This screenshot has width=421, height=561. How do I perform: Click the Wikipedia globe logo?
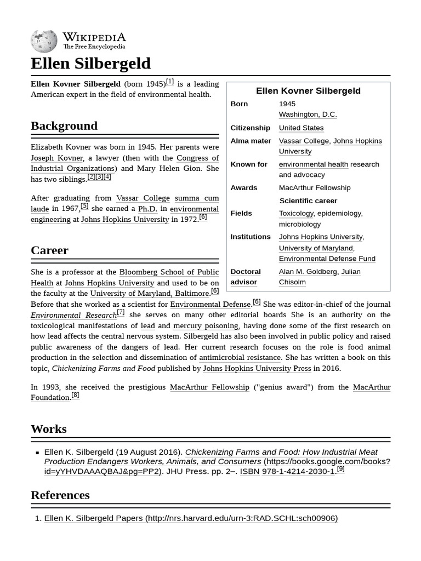44,40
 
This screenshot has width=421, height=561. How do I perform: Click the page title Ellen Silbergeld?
90,64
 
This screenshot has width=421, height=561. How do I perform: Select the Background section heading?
64,126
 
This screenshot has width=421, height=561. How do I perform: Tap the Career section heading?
49,250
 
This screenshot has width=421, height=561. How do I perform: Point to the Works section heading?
48,429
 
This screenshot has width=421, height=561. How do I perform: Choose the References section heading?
60,495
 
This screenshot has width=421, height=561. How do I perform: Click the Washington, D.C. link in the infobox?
308,115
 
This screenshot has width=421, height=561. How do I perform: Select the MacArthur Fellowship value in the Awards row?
315,188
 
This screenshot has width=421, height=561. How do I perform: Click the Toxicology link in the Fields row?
296,214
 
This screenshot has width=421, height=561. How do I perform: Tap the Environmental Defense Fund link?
327,259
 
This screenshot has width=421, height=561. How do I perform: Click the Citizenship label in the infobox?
250,128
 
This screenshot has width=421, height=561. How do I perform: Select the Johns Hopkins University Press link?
257,369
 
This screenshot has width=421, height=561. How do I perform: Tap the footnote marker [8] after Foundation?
75,395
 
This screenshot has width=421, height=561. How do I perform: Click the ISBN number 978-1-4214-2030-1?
298,472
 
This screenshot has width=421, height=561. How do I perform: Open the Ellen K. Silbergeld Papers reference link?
191,518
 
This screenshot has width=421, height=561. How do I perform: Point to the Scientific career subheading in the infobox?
308,201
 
